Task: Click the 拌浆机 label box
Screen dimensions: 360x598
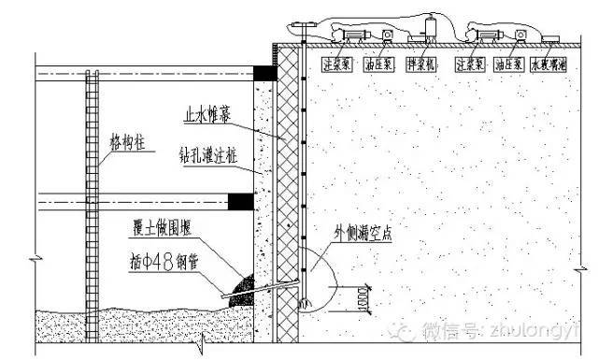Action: point(427,65)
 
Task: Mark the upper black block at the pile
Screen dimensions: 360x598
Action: point(265,72)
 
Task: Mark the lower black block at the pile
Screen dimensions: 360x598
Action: point(240,199)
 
